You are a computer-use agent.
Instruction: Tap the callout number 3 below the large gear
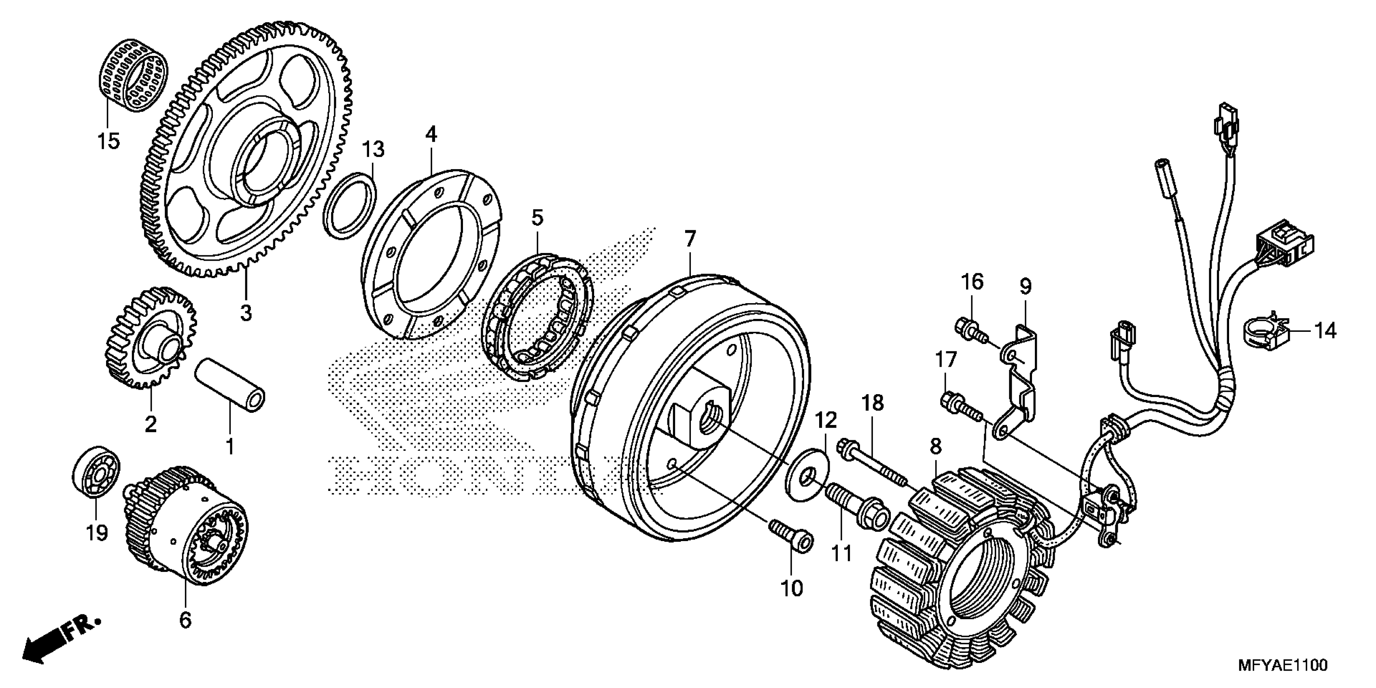click(x=246, y=312)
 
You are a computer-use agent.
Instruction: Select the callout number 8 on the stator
click(x=935, y=446)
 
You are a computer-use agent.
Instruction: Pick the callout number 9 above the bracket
click(x=1025, y=287)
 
